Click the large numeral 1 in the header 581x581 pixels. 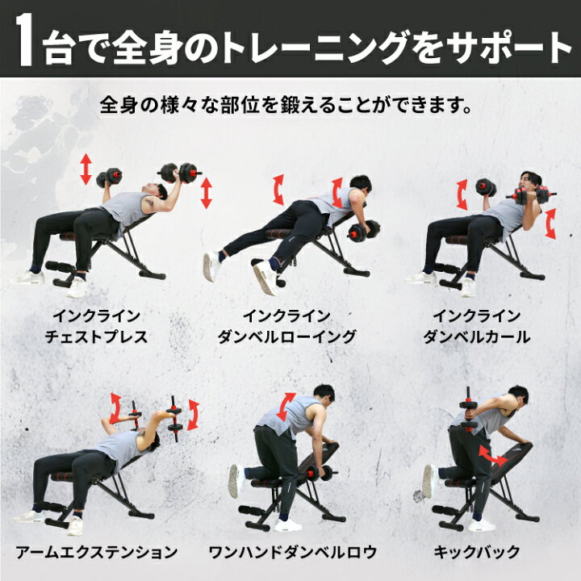(x=25, y=40)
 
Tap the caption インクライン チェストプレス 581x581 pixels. (x=96, y=327)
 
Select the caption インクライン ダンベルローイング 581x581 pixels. (x=286, y=327)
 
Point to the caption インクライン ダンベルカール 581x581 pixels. (x=477, y=327)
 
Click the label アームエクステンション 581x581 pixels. (x=96, y=553)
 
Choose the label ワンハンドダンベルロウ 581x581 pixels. (x=293, y=553)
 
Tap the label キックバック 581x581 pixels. (x=477, y=553)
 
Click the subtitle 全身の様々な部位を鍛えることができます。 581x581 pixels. (x=286, y=105)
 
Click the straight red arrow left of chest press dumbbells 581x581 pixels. (x=86, y=169)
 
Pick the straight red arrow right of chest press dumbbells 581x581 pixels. (x=206, y=193)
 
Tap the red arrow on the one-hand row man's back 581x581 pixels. (x=286, y=407)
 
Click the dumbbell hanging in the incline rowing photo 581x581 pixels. (x=364, y=232)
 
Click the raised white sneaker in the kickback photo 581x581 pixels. (x=429, y=481)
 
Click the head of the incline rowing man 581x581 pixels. (x=360, y=183)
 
